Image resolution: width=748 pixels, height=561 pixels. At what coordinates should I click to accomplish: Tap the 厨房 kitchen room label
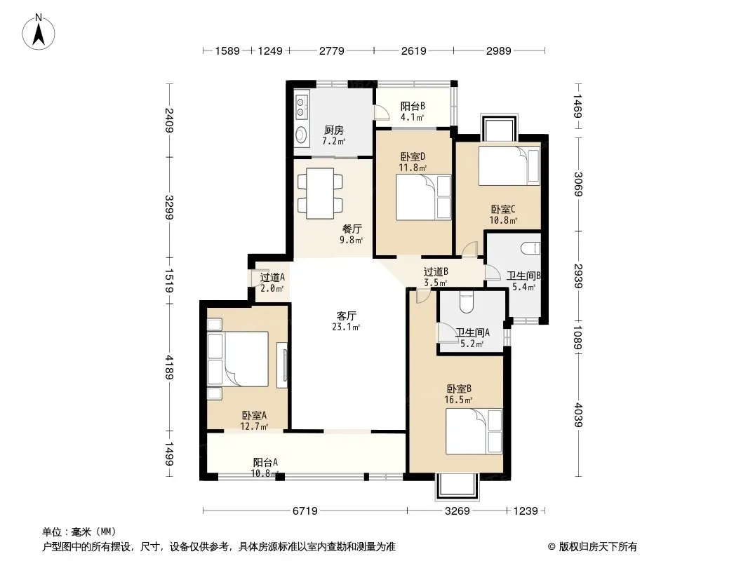[333, 130]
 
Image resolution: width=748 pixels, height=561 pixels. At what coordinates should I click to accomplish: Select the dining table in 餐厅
[321, 191]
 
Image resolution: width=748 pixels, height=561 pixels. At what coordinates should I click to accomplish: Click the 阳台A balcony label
[265, 462]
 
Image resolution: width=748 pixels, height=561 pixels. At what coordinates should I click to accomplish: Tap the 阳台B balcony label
[412, 107]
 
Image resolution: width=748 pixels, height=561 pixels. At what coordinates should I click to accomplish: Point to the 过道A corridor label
[272, 277]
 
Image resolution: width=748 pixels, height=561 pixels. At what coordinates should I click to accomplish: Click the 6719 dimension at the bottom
[303, 511]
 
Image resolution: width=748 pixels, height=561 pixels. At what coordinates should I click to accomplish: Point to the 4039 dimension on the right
[577, 412]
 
